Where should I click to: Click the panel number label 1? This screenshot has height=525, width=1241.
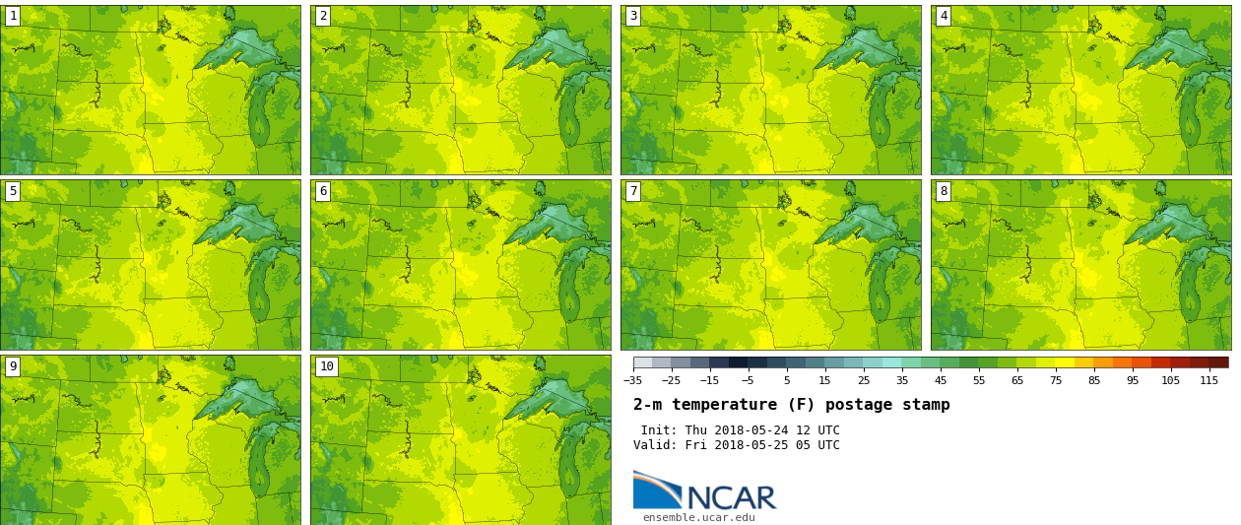[x=13, y=16]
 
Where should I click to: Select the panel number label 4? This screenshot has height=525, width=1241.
[x=944, y=16]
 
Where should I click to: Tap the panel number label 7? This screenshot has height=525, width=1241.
[x=633, y=191]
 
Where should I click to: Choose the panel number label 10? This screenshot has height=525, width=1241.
[x=326, y=366]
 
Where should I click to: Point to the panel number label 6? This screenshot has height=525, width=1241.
[x=323, y=191]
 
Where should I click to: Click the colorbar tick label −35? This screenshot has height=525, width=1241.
[x=632, y=381]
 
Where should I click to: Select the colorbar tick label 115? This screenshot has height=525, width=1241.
[x=1208, y=381]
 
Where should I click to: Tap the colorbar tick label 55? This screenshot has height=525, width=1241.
[x=978, y=381]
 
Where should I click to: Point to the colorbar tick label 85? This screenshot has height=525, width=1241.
[x=1093, y=381]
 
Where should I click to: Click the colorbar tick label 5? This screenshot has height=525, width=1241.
[x=786, y=381]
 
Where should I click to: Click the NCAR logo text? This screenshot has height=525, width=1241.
[x=731, y=497]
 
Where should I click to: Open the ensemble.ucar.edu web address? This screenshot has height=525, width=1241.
[x=698, y=518]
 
